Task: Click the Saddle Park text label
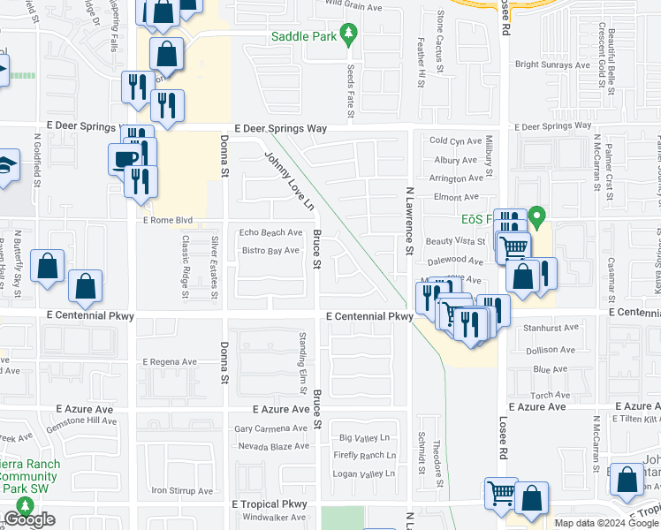(x=304, y=36)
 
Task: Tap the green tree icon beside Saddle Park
(x=350, y=35)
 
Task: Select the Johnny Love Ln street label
(x=289, y=180)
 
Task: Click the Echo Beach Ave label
(x=271, y=232)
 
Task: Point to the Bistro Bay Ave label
(x=270, y=251)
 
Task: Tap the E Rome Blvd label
(x=167, y=220)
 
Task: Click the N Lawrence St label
(x=409, y=219)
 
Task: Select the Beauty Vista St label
(x=456, y=241)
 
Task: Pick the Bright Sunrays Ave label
(x=552, y=64)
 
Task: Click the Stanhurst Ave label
(x=549, y=327)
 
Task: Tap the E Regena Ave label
(x=170, y=362)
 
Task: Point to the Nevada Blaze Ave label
(x=272, y=446)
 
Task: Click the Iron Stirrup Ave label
(x=182, y=490)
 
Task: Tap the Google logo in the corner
(x=29, y=520)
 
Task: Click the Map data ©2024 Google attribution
(x=605, y=523)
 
